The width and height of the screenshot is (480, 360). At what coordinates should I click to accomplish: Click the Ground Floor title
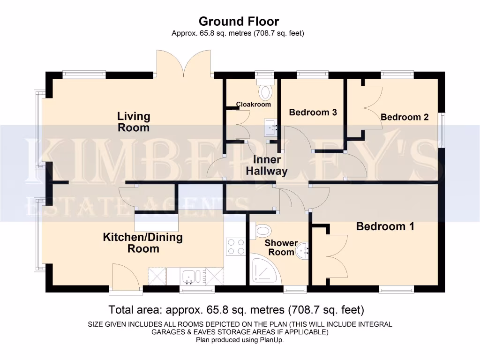coord(239,21)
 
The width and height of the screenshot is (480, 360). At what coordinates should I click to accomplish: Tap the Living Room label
coord(134,122)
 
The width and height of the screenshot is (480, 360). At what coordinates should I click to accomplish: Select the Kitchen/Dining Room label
coord(143,243)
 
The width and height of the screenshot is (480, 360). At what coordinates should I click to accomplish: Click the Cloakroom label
coord(254,104)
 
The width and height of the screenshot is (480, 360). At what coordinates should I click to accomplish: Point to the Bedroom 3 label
coord(313,112)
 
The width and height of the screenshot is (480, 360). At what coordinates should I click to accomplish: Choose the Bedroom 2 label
coord(405,117)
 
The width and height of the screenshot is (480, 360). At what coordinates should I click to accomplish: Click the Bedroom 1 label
coord(385,226)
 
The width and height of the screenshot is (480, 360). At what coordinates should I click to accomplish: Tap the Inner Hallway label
coord(267,165)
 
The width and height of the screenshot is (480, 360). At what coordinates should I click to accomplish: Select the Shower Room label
coord(281,247)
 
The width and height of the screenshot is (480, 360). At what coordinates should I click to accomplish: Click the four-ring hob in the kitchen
coord(236,247)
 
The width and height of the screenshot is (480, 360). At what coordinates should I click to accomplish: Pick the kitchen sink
coord(192,277)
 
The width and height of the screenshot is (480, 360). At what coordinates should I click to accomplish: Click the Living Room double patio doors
coord(185,63)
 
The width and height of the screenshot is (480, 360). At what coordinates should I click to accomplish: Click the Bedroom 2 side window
coord(442,130)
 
